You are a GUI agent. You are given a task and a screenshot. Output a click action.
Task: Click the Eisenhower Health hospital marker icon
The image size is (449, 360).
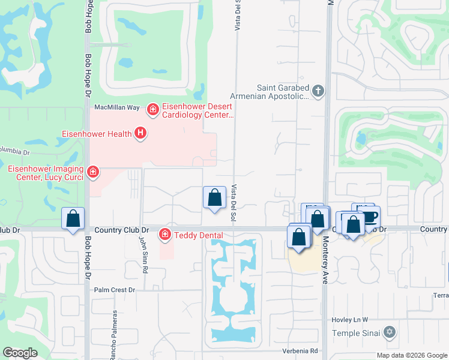click(x=140, y=133)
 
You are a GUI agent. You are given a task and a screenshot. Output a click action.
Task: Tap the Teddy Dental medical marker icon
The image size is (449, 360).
click(x=164, y=234)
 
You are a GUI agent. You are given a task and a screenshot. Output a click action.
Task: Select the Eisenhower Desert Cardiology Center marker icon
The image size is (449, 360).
click(x=153, y=109)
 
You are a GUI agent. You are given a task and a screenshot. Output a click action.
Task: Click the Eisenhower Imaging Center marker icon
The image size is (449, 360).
click(x=92, y=173)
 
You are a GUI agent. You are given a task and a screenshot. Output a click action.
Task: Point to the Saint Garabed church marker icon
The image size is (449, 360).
click(x=318, y=92)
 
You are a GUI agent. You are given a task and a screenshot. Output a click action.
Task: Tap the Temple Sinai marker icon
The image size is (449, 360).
click(x=390, y=331)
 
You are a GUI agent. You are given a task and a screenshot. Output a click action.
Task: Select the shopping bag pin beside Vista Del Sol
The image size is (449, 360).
click(x=214, y=197)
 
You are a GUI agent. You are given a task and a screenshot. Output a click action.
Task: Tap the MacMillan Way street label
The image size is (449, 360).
click(x=117, y=107)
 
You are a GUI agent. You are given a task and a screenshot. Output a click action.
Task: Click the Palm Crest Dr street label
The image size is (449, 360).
click(x=116, y=290)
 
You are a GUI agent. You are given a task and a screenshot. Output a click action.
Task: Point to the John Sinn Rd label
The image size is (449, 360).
click(x=143, y=254)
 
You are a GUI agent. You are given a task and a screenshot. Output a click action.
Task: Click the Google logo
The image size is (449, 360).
click(x=20, y=352)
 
